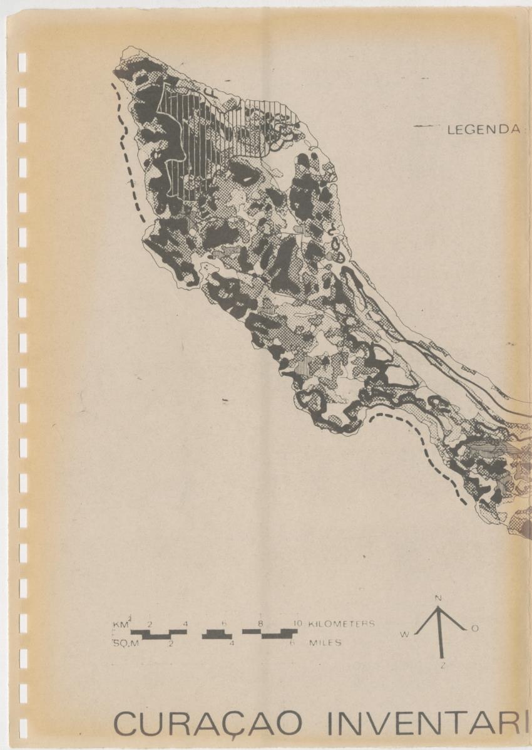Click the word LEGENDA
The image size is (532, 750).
pos(483,130)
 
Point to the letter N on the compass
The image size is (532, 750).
pos(438,598)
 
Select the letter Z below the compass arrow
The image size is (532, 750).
pos(442,665)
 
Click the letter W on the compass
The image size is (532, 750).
pos(405,635)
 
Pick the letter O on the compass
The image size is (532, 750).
pos(475,628)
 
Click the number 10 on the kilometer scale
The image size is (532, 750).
pos(298,624)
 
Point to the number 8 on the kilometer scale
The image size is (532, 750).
pos(260,624)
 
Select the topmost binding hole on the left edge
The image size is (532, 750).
pos(23,61)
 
